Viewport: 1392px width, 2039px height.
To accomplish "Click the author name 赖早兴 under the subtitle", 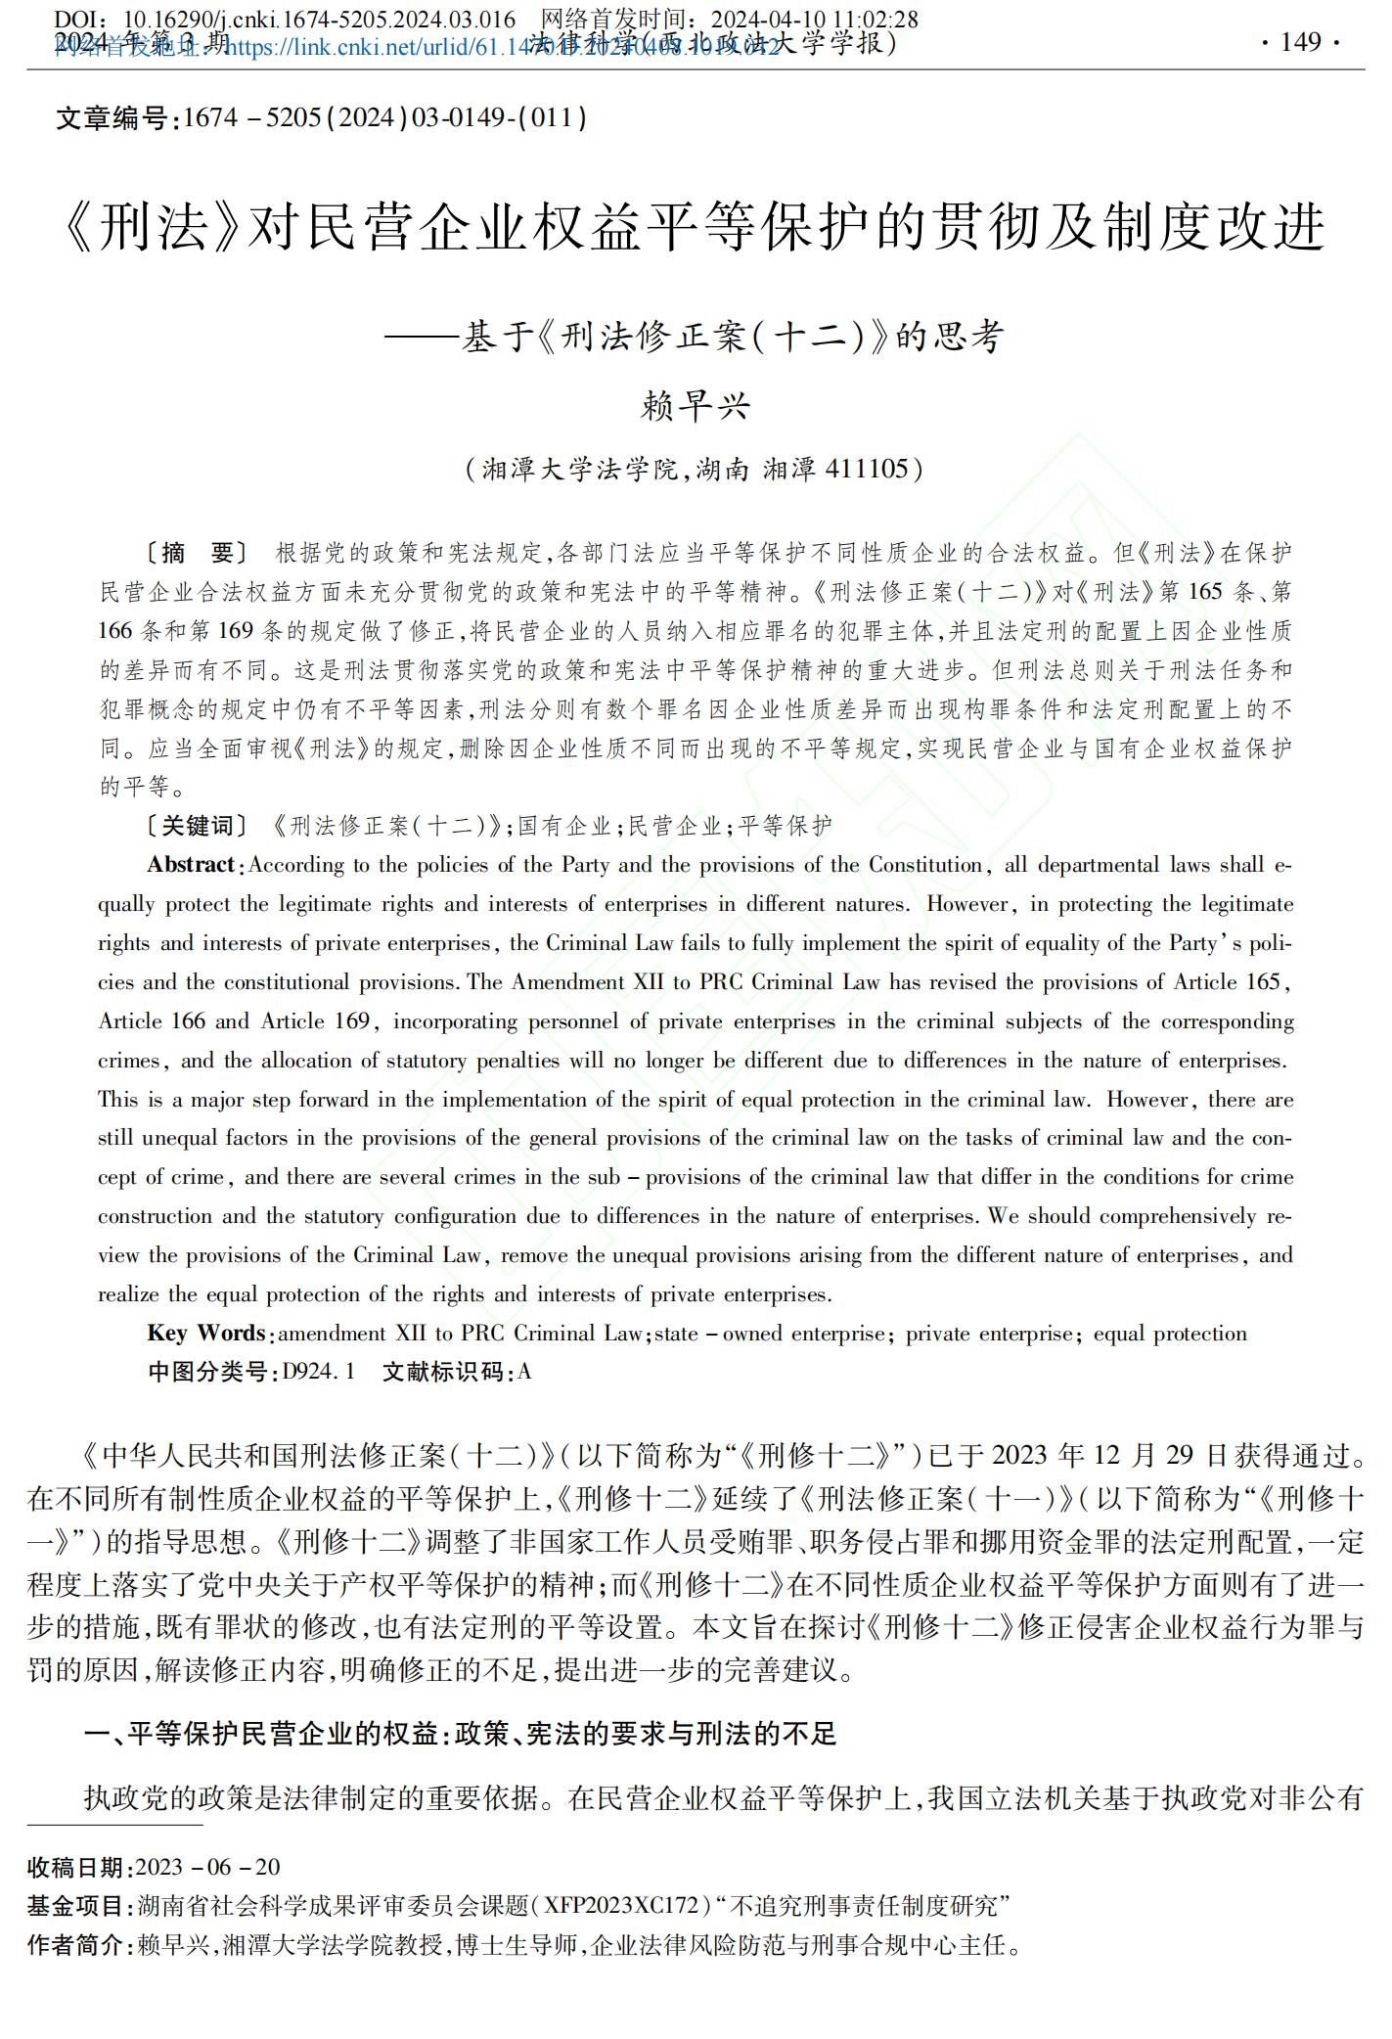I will (695, 405).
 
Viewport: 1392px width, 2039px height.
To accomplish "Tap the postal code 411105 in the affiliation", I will (867, 470).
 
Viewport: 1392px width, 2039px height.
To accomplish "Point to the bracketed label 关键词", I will (197, 827).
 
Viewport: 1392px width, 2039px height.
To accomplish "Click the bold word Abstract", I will (191, 865).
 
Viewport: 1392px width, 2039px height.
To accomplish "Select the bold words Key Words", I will (205, 1334).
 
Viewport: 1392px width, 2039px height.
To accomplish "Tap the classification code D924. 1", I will (319, 1372).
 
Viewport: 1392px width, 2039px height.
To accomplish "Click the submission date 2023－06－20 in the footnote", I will (208, 1867).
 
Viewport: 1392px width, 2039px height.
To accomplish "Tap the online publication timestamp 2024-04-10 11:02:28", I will (814, 20).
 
